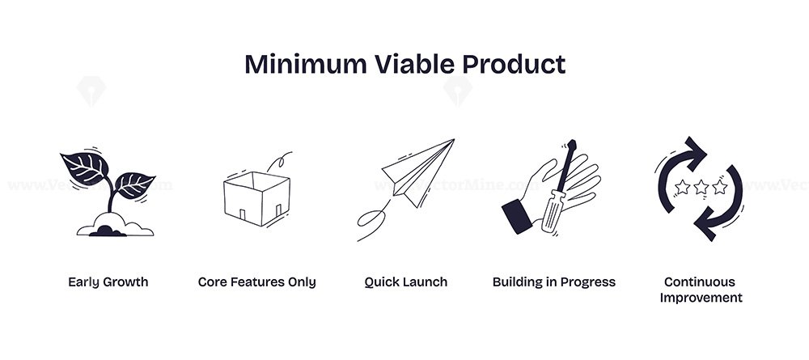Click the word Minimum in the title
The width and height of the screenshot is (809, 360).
tap(306, 65)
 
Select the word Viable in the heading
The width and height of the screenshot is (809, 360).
tap(414, 65)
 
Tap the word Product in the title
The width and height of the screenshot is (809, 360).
tap(514, 65)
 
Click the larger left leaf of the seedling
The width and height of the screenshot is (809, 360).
tap(85, 168)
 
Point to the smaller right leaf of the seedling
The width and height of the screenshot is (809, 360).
tap(133, 185)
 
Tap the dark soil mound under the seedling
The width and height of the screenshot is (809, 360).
tap(108, 231)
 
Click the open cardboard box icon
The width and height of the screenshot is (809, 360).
tap(257, 198)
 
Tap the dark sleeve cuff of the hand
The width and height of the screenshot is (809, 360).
tap(516, 216)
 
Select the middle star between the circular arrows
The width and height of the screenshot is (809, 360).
tap(701, 187)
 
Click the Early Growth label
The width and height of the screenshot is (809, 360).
tap(108, 282)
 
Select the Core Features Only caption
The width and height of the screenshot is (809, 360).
tap(257, 282)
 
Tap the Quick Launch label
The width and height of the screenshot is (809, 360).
tap(405, 282)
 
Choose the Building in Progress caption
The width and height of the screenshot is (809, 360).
tap(554, 282)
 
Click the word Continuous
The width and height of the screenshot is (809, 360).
tap(700, 282)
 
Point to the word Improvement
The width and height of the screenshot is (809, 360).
tap(701, 298)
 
